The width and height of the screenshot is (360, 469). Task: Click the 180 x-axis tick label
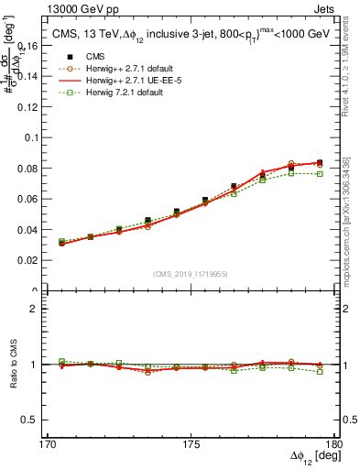340,443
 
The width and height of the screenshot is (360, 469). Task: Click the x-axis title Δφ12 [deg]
311,456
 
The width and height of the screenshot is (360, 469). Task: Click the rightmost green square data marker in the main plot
319,173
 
